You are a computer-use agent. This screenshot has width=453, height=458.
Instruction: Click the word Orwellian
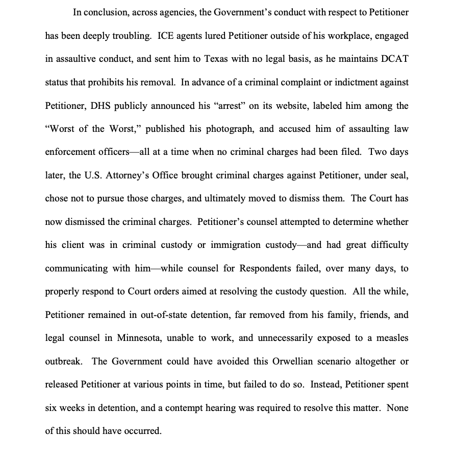[273, 361]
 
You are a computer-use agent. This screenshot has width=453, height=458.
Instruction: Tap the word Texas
[216, 59]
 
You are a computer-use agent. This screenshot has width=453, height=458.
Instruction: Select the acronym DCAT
[394, 59]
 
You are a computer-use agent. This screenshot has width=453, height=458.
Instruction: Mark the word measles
[391, 338]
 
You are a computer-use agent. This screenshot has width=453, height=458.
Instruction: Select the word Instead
[325, 385]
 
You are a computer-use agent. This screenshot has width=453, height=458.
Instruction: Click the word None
[397, 408]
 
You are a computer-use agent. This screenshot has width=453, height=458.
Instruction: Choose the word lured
[216, 35]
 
